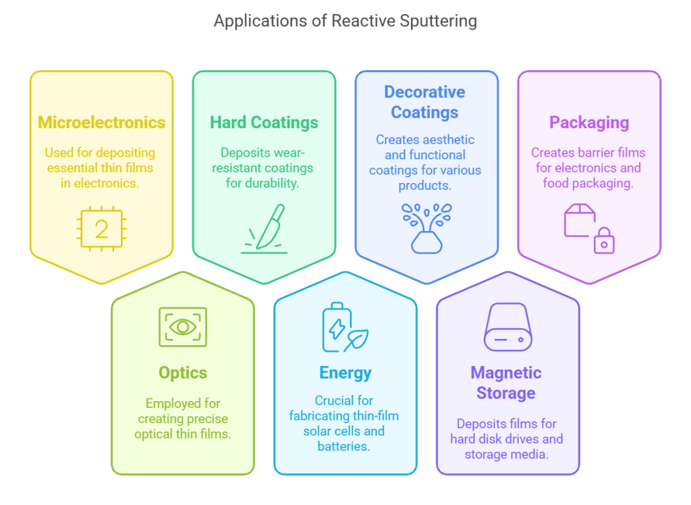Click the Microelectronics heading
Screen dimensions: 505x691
[101, 122]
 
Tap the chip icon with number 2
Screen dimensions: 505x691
[101, 229]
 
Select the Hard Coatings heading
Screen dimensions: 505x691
[264, 122]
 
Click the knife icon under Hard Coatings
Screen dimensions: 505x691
[265, 229]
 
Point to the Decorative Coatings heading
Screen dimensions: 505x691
[424, 102]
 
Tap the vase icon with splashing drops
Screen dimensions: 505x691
[426, 228]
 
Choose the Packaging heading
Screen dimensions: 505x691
[589, 122]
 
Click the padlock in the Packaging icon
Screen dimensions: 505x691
[604, 242]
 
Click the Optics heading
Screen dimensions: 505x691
[183, 373]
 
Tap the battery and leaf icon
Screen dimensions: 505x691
[344, 328]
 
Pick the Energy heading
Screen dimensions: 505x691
[345, 373]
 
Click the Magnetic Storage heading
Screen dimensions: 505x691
[506, 383]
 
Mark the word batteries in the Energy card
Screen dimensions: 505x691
[345, 446]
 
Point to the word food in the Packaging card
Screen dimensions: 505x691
[557, 183]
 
